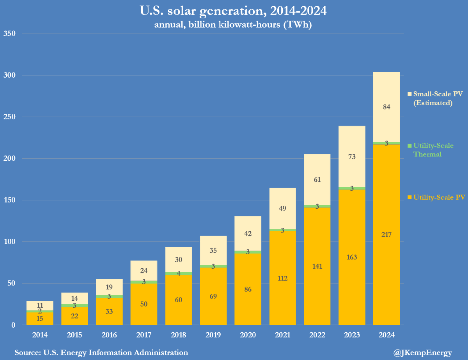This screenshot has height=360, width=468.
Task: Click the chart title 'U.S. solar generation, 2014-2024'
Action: click(233, 11)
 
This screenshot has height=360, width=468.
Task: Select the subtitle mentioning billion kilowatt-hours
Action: click(233, 25)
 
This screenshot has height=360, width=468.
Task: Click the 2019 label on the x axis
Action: click(213, 335)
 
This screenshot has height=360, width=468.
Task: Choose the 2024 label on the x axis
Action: click(386, 335)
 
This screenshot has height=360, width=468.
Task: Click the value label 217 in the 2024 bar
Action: click(386, 234)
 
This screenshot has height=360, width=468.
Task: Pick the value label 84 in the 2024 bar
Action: click(386, 107)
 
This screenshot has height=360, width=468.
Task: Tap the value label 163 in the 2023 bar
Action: click(352, 257)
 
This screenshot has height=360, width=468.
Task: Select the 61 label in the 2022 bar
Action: click(317, 179)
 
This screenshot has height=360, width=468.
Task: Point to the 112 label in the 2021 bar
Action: click(282, 278)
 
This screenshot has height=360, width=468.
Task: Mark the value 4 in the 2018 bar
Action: click(178, 273)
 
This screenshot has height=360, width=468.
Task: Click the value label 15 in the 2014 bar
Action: click(39, 319)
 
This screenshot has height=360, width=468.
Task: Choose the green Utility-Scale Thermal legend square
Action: click(409, 146)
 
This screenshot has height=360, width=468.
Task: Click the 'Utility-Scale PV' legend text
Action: click(439, 198)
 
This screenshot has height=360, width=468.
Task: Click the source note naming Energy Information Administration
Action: click(101, 353)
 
